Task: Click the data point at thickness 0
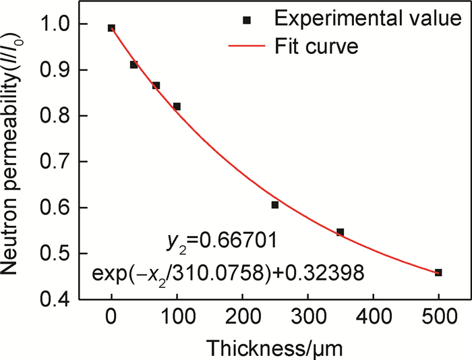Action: [x=111, y=28]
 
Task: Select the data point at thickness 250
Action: [x=275, y=204]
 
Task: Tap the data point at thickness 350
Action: [x=341, y=232]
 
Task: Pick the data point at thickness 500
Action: [x=438, y=272]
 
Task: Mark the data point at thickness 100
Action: [x=177, y=106]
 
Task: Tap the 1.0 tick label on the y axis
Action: [x=59, y=24]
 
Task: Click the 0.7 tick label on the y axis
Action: [x=59, y=162]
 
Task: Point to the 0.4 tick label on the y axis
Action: [x=59, y=299]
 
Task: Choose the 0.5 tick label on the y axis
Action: [x=59, y=253]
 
